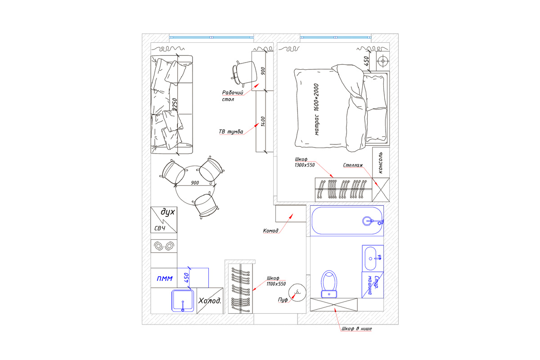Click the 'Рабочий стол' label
click(x=233, y=96)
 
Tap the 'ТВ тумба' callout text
click(x=231, y=132)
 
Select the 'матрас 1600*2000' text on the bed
click(x=316, y=109)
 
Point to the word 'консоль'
click(x=380, y=162)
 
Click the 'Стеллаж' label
click(x=353, y=165)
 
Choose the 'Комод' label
click(x=270, y=231)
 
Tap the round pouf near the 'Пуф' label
click(x=297, y=292)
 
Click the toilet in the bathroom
click(x=329, y=284)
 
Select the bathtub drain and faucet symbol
click(x=373, y=221)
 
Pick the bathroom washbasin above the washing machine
click(x=373, y=258)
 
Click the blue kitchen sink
click(x=183, y=301)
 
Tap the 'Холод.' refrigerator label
click(x=210, y=301)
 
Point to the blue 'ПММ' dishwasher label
click(x=165, y=279)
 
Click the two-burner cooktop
click(x=164, y=246)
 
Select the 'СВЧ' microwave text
click(x=160, y=228)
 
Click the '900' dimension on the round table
click(x=195, y=183)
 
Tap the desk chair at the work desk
click(x=244, y=73)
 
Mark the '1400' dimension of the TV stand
click(x=263, y=121)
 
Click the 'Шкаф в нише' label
click(x=356, y=328)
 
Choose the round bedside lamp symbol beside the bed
click(x=383, y=61)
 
